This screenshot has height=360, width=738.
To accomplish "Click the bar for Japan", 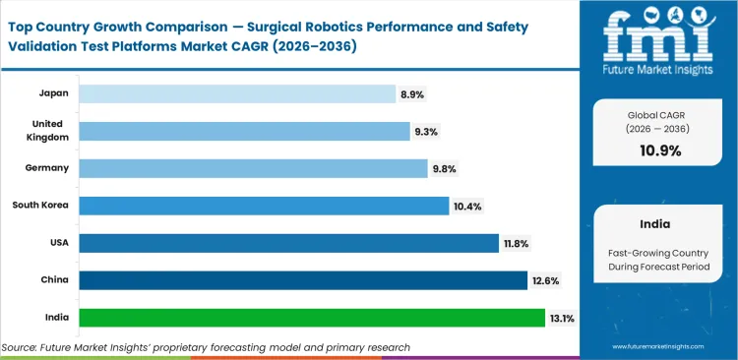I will coord(236,93).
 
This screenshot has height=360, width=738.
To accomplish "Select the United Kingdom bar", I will coord(244,131).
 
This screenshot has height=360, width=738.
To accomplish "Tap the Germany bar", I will coord(253,168).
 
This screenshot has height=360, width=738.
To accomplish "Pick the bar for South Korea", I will coord(264,206).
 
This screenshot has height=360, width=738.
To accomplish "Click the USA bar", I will coord(288,243).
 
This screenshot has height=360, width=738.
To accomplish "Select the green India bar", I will coord(312,318).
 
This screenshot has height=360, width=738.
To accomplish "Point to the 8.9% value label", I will coord(411,93).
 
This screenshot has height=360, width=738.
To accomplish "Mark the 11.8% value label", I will coord(518,243).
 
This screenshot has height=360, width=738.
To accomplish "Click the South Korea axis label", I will coord(40,206).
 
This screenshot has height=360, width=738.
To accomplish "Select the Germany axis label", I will coord(47,168).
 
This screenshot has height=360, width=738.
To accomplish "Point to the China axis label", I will coord(54,280).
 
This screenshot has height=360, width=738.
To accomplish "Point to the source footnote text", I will coord(206,347).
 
